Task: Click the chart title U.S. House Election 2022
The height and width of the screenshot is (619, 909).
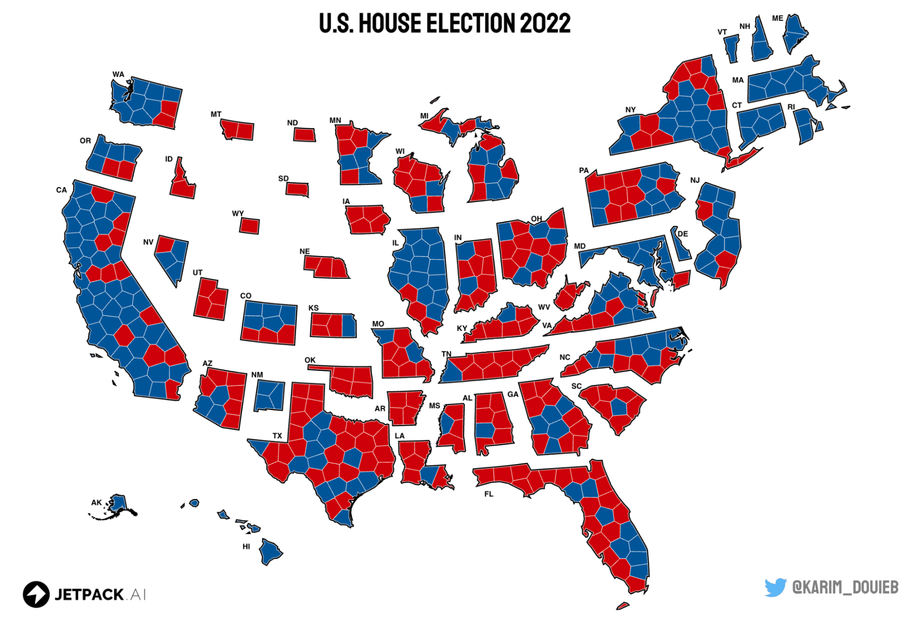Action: click(x=444, y=24)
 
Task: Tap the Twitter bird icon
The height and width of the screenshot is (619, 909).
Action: click(x=775, y=587)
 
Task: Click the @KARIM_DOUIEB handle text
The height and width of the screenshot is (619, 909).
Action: click(x=845, y=587)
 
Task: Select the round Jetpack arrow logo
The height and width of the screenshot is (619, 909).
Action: click(x=36, y=594)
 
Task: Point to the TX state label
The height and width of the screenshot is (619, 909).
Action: click(x=277, y=435)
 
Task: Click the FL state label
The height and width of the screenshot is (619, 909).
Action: click(x=488, y=494)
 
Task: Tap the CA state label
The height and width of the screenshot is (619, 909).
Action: click(x=61, y=190)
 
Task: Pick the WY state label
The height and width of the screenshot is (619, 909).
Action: click(x=238, y=213)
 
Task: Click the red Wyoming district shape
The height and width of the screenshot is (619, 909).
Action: click(x=249, y=226)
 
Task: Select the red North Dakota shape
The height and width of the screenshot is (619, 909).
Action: click(x=304, y=135)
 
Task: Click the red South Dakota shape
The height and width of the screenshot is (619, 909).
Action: click(x=297, y=189)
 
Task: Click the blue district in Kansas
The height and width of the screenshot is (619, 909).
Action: click(x=349, y=325)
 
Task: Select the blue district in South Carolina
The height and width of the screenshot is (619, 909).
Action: click(x=619, y=407)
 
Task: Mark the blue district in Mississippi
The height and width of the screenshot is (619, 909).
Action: click(x=447, y=424)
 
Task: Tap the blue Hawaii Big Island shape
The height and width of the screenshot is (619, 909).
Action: click(x=269, y=551)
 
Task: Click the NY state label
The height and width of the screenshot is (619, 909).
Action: click(x=630, y=110)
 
